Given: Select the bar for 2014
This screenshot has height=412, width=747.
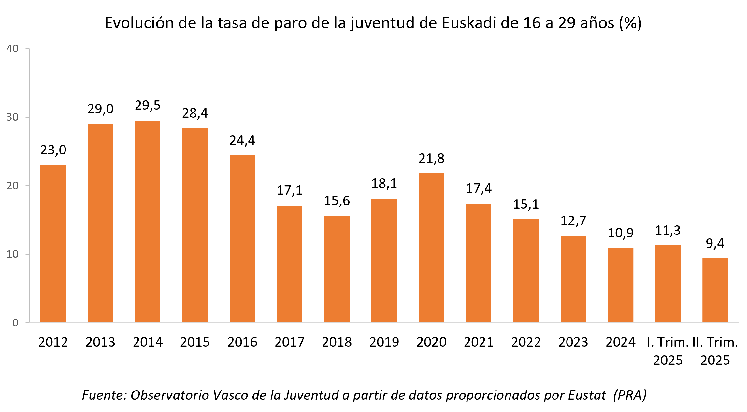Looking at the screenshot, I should pos(148,221).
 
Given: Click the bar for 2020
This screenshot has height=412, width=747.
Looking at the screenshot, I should pos(431,248).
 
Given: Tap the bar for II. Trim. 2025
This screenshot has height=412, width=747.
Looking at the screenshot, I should pos(715,290).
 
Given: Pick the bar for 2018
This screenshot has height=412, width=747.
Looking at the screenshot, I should pos(337,269).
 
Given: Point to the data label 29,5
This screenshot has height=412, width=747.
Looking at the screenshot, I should pos(148,106).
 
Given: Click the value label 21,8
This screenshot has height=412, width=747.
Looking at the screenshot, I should pos(431,159).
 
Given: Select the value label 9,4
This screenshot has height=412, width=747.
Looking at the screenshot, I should pos(715,244).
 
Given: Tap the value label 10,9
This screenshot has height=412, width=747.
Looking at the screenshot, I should pos(620,233).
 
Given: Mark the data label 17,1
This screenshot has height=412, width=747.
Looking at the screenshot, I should pos(289,191).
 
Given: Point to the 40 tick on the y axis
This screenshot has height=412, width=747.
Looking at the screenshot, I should pos(12,49).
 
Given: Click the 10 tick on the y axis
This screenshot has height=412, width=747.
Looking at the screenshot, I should pos(12,254).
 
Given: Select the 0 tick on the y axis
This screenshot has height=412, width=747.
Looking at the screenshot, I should pos(15,323).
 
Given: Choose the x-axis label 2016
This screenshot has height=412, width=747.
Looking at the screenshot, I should pos(242,342).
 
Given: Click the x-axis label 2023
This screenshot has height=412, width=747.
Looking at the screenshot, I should pos(573,342).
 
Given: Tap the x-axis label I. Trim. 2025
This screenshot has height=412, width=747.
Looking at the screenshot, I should pos(668,351).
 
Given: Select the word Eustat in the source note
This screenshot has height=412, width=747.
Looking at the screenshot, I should pos(587,395).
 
